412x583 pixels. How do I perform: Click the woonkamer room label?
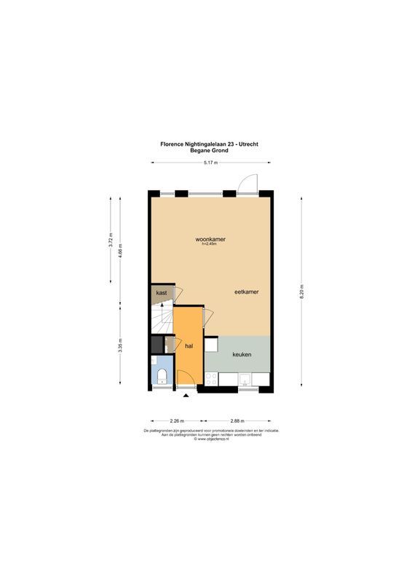(209, 239)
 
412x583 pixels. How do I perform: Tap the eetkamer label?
(246, 291)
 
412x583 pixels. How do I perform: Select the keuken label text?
(242, 354)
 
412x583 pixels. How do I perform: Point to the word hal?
(189, 346)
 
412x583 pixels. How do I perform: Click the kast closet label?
(161, 292)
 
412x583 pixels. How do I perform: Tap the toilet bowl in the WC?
(162, 376)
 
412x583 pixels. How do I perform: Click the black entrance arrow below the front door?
(187, 396)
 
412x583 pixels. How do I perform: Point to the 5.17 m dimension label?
(211, 162)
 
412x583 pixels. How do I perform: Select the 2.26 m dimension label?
(176, 421)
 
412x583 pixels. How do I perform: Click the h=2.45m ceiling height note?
(209, 244)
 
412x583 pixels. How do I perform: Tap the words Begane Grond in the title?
(209, 150)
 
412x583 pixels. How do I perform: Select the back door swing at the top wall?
(247, 184)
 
